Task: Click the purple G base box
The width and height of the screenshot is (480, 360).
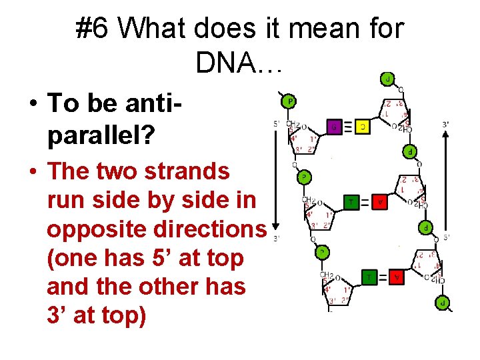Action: click(x=335, y=126)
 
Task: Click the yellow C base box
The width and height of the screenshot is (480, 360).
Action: click(x=363, y=126)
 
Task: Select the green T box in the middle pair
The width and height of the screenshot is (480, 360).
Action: click(x=351, y=201)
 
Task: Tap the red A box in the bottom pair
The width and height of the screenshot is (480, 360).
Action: click(x=396, y=277)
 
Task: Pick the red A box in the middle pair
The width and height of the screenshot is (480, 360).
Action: click(x=380, y=201)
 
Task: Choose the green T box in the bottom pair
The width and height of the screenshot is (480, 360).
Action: click(x=367, y=277)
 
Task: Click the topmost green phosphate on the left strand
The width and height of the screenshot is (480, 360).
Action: click(x=289, y=101)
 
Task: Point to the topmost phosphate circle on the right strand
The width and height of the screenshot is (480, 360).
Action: click(x=387, y=79)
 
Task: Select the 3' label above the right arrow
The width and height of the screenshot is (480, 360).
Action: click(x=445, y=124)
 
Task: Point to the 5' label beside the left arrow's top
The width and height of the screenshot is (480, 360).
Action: click(x=276, y=123)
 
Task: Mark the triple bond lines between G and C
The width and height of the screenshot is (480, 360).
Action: click(x=349, y=126)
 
